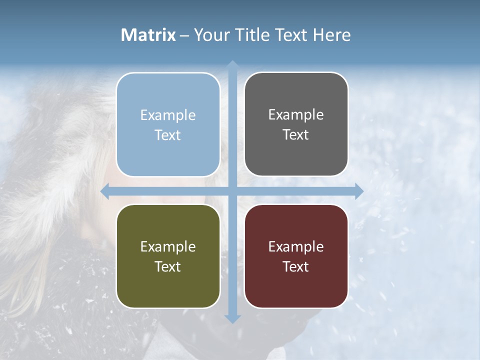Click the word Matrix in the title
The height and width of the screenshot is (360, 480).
click(148, 35)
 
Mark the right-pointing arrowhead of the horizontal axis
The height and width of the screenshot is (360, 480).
click(358, 191)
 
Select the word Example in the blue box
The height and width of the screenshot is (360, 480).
click(168, 115)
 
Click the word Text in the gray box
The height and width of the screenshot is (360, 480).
click(296, 135)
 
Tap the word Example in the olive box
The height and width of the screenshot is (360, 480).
click(168, 246)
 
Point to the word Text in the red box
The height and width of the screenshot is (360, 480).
click(296, 266)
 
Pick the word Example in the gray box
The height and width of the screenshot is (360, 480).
click(296, 115)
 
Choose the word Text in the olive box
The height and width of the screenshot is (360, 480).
click(168, 266)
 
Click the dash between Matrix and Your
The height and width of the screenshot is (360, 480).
click(184, 35)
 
